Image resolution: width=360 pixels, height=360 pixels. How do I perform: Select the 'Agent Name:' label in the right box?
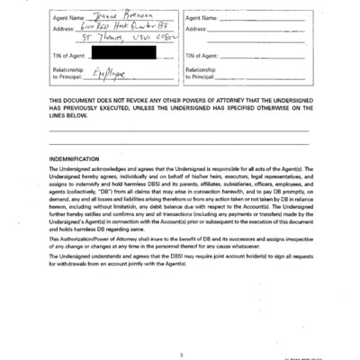tap(204, 17)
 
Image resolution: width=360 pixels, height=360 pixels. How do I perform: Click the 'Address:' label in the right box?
tap(198, 29)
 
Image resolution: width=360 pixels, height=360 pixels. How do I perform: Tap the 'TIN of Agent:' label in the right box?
tap(204, 55)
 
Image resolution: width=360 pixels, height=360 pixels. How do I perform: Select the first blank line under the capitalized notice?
tap(180, 131)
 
